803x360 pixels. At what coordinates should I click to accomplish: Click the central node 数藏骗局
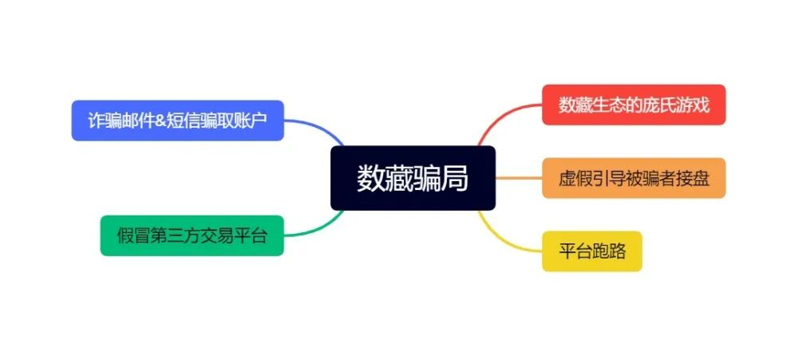pos(413,178)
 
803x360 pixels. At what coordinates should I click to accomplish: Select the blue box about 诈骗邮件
pos(178,121)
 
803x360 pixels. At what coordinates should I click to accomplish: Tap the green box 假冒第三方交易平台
pos(192,235)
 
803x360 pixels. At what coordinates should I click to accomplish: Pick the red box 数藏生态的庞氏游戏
pos(634,105)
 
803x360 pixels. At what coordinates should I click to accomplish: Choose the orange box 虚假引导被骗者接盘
pos(634,178)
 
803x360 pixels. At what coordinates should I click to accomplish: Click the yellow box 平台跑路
pos(592,251)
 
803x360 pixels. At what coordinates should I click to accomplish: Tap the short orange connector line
pos(519,178)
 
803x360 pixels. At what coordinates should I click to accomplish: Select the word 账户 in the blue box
pos(251,121)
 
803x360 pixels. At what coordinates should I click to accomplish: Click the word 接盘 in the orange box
pos(694,179)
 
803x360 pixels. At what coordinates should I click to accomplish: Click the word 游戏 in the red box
pos(694,105)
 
